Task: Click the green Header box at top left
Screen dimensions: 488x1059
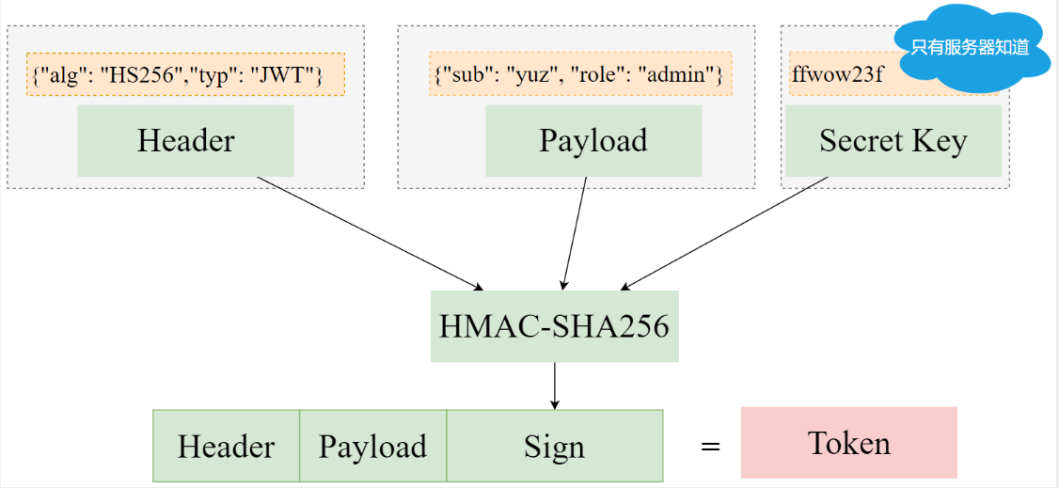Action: (x=185, y=140)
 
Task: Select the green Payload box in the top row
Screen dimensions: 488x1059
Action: (x=593, y=140)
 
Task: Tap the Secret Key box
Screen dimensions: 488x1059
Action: (x=893, y=140)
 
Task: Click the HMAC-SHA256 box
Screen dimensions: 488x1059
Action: (x=554, y=326)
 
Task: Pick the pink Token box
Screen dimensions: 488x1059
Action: (x=848, y=443)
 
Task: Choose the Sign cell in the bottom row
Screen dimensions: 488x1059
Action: (x=554, y=446)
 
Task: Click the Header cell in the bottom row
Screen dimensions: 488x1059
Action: (x=226, y=446)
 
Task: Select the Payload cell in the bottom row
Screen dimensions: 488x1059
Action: (x=372, y=446)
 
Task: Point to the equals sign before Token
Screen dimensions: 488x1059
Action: (x=710, y=447)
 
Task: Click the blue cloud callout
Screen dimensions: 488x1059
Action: (x=969, y=47)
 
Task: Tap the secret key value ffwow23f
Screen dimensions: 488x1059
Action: (x=824, y=75)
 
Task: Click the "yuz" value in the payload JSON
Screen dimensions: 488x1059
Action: (x=523, y=75)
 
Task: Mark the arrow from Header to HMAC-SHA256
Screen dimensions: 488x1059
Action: (x=369, y=232)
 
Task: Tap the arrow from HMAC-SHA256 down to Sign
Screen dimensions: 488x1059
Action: (x=554, y=386)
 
